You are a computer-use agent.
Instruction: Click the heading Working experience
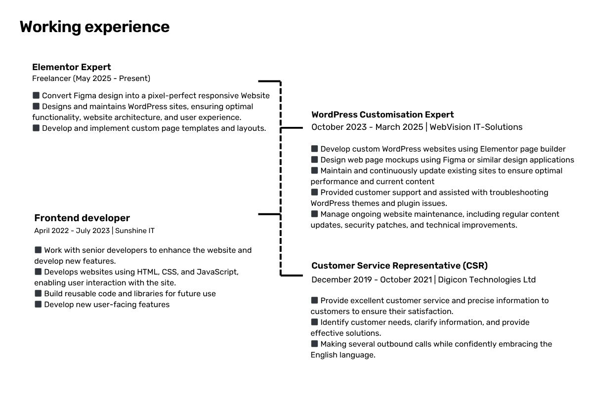click(x=94, y=27)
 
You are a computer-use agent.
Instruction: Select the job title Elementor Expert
click(x=72, y=67)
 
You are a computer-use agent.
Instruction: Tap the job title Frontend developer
click(x=82, y=218)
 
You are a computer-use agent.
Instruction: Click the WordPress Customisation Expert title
click(x=382, y=115)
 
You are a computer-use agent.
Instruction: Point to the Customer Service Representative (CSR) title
click(x=399, y=266)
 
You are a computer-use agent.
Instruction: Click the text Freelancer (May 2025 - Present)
click(x=91, y=79)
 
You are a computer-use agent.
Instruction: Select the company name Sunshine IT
click(x=135, y=231)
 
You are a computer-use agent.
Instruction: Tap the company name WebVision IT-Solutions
click(x=476, y=127)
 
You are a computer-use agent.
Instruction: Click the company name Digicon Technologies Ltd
click(x=487, y=279)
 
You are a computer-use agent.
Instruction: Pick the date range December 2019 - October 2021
click(x=372, y=279)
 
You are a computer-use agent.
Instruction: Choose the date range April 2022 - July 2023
click(x=72, y=231)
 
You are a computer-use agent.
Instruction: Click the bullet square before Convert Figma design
click(x=36, y=95)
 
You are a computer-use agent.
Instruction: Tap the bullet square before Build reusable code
click(x=38, y=293)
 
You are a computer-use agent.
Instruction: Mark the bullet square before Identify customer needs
click(x=314, y=322)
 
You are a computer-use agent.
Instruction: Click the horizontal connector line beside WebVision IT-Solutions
click(x=292, y=128)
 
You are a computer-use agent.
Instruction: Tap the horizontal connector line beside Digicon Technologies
click(x=292, y=276)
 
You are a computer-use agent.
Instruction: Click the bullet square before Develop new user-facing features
click(x=38, y=304)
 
